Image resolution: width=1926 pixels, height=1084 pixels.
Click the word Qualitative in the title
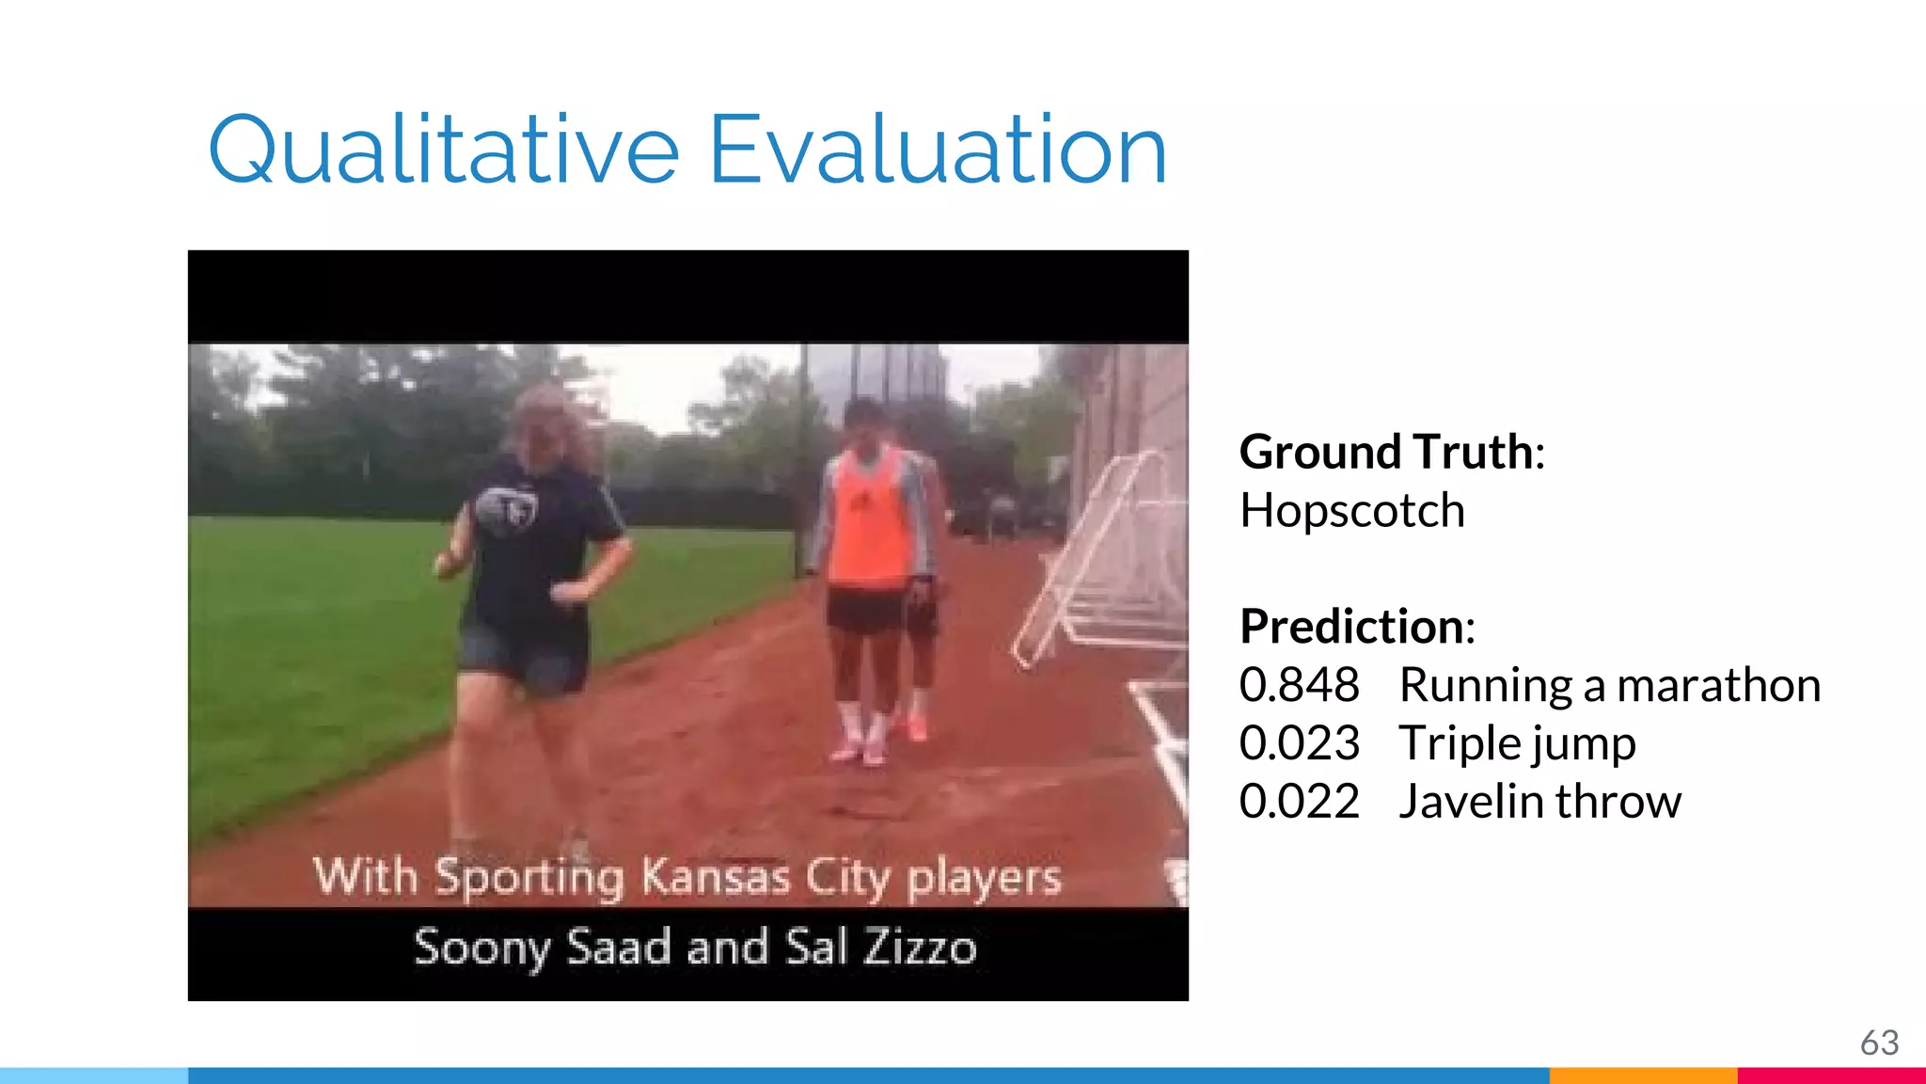[443, 150]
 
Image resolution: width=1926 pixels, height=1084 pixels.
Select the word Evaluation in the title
[938, 150]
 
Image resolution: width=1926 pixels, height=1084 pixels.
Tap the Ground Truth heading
[1391, 452]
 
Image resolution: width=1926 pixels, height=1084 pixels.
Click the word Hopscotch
[1351, 511]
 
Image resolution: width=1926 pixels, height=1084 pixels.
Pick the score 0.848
[1299, 684]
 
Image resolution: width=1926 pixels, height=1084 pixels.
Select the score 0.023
[1299, 742]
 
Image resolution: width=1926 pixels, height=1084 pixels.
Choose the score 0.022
[1299, 801]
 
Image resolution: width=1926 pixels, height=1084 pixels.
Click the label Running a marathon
[1609, 684]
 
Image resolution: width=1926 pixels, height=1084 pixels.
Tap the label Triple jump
[1517, 744]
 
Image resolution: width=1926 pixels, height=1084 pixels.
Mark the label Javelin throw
[1539, 801]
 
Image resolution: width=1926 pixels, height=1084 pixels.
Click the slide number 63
[1879, 1043]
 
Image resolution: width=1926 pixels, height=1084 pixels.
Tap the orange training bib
[869, 522]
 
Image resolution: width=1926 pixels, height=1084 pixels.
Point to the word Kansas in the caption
[715, 877]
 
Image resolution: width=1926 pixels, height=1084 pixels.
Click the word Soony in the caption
[481, 947]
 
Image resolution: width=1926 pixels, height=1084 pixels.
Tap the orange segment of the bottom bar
[1642, 1076]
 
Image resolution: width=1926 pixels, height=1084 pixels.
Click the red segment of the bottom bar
[1831, 1076]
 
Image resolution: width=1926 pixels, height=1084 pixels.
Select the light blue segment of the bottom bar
[94, 1076]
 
